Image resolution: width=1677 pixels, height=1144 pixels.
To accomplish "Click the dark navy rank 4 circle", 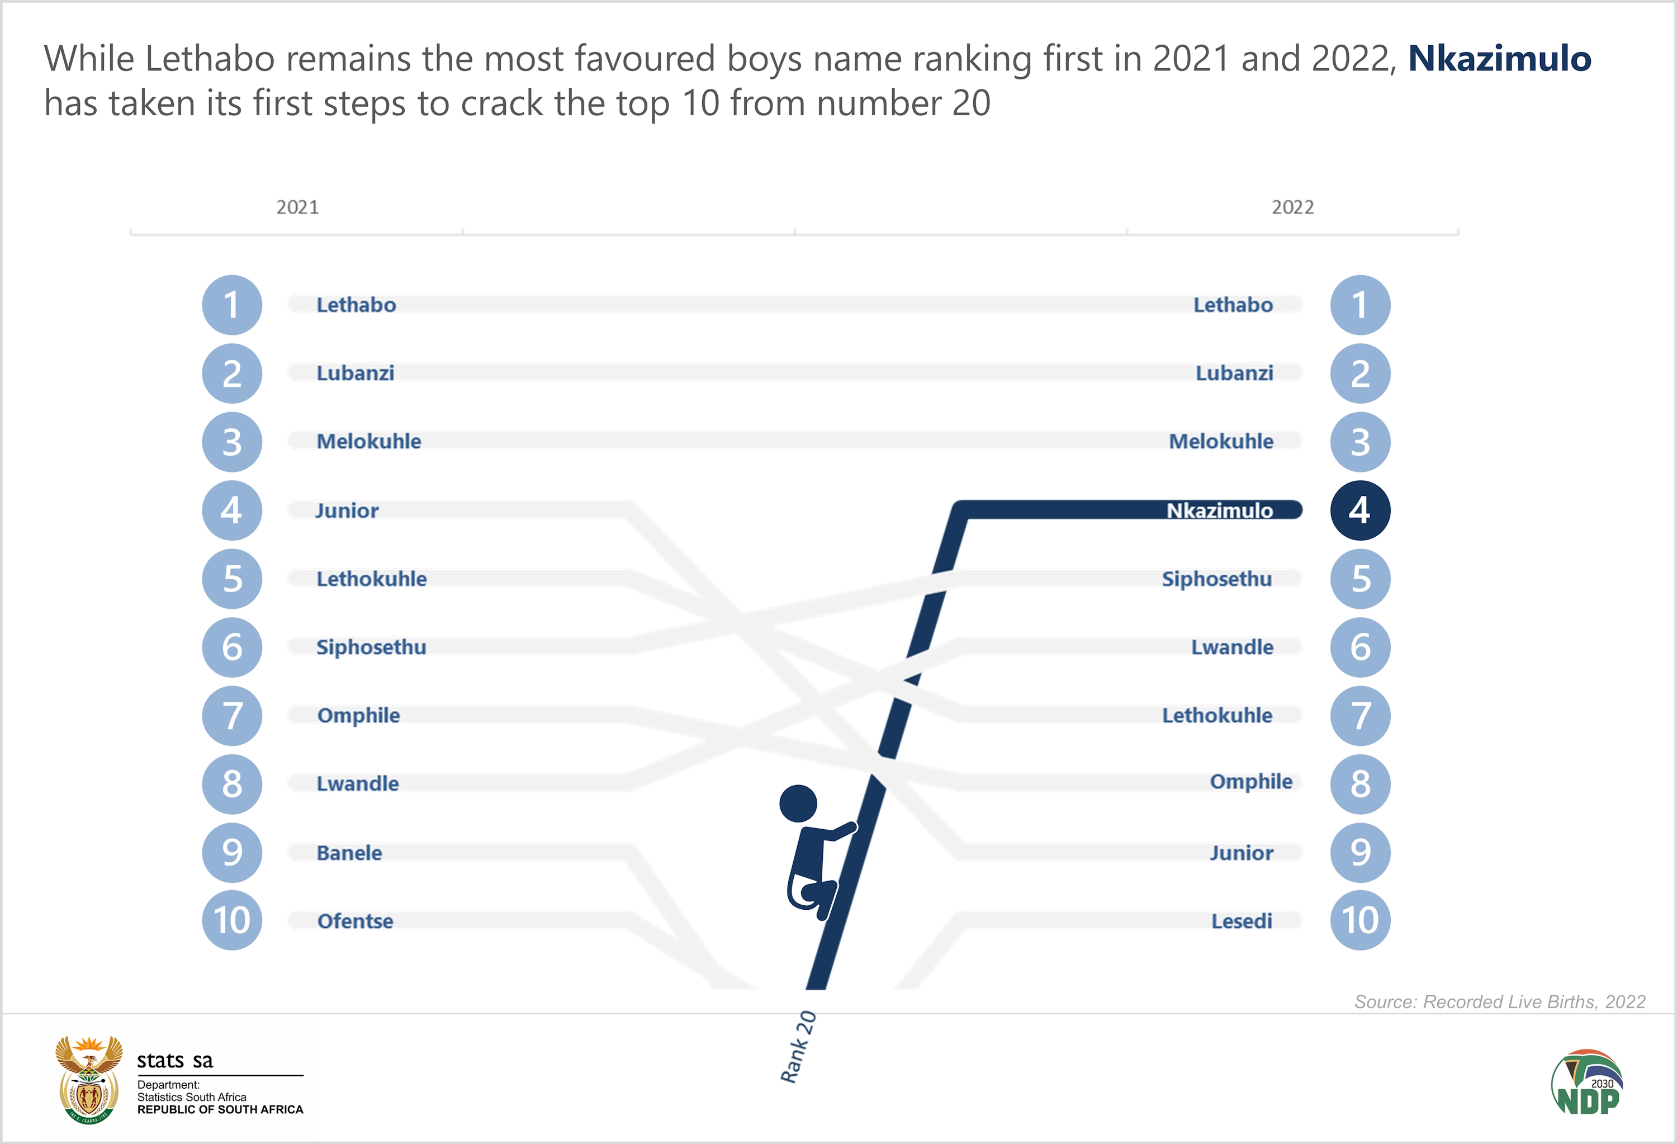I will pyautogui.click(x=1359, y=510).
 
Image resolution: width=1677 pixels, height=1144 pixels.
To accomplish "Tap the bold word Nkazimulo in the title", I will pyautogui.click(x=1499, y=59).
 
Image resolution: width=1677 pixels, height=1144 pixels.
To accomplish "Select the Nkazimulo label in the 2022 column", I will pyautogui.click(x=1220, y=511).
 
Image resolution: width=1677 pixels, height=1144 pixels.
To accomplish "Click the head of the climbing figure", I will pyautogui.click(x=798, y=803).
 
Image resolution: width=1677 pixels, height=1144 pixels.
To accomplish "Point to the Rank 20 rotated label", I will pyautogui.click(x=798, y=1047).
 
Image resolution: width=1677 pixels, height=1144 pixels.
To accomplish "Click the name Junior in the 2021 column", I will pyautogui.click(x=347, y=511).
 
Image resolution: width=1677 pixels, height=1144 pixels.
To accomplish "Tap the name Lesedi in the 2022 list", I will pyautogui.click(x=1241, y=921).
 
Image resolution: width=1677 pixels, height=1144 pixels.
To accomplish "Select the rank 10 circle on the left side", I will pyautogui.click(x=231, y=920).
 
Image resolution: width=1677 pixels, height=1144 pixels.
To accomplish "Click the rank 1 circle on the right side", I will pyautogui.click(x=1359, y=305).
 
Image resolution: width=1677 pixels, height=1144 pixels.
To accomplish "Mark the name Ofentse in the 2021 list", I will pyautogui.click(x=355, y=921).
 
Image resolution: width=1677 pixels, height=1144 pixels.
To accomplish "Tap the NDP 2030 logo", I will pyautogui.click(x=1587, y=1082).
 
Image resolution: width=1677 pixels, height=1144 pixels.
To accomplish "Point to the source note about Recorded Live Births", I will pyautogui.click(x=1499, y=1002).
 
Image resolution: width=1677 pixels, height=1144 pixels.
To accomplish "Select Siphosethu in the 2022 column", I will pyautogui.click(x=1216, y=579).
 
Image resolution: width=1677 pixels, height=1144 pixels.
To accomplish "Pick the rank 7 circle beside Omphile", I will pyautogui.click(x=231, y=715).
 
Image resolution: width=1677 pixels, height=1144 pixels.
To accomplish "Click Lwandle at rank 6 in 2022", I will pyautogui.click(x=1232, y=647).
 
